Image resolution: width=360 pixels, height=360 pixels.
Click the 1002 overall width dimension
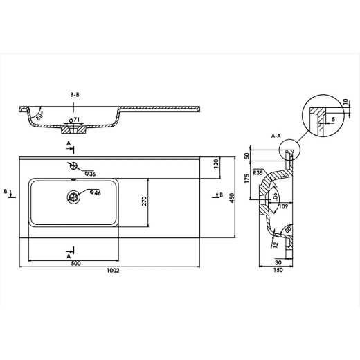113,271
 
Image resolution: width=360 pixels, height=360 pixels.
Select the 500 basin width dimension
76,264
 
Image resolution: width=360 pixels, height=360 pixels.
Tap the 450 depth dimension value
231,198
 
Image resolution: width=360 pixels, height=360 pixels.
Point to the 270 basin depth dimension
144,201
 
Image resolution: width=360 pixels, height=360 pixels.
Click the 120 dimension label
216,163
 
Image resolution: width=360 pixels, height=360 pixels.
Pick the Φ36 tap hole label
90,174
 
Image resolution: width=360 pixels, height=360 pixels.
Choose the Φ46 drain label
96,192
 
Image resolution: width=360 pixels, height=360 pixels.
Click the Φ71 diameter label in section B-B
74,120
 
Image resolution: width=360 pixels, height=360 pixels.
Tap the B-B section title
75,95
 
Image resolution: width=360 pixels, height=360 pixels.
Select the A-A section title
276,136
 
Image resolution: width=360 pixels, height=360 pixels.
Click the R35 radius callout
258,172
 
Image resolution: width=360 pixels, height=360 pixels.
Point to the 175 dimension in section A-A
246,179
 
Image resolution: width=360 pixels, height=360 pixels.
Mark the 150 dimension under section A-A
278,270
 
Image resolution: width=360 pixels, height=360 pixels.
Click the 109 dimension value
284,206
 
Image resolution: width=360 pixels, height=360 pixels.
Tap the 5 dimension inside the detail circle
333,119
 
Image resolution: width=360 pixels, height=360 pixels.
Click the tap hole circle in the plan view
74,165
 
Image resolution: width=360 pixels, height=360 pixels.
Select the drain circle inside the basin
73,197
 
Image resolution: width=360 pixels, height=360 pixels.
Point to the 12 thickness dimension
276,244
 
